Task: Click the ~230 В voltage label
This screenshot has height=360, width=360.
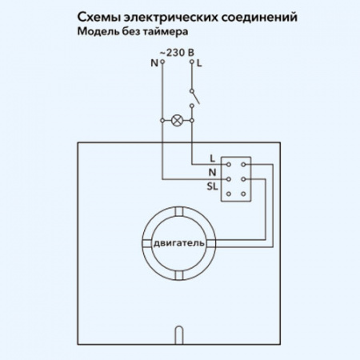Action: tap(175, 52)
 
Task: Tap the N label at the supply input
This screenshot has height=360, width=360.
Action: tap(154, 62)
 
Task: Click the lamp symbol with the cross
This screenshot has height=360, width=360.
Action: tap(177, 121)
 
